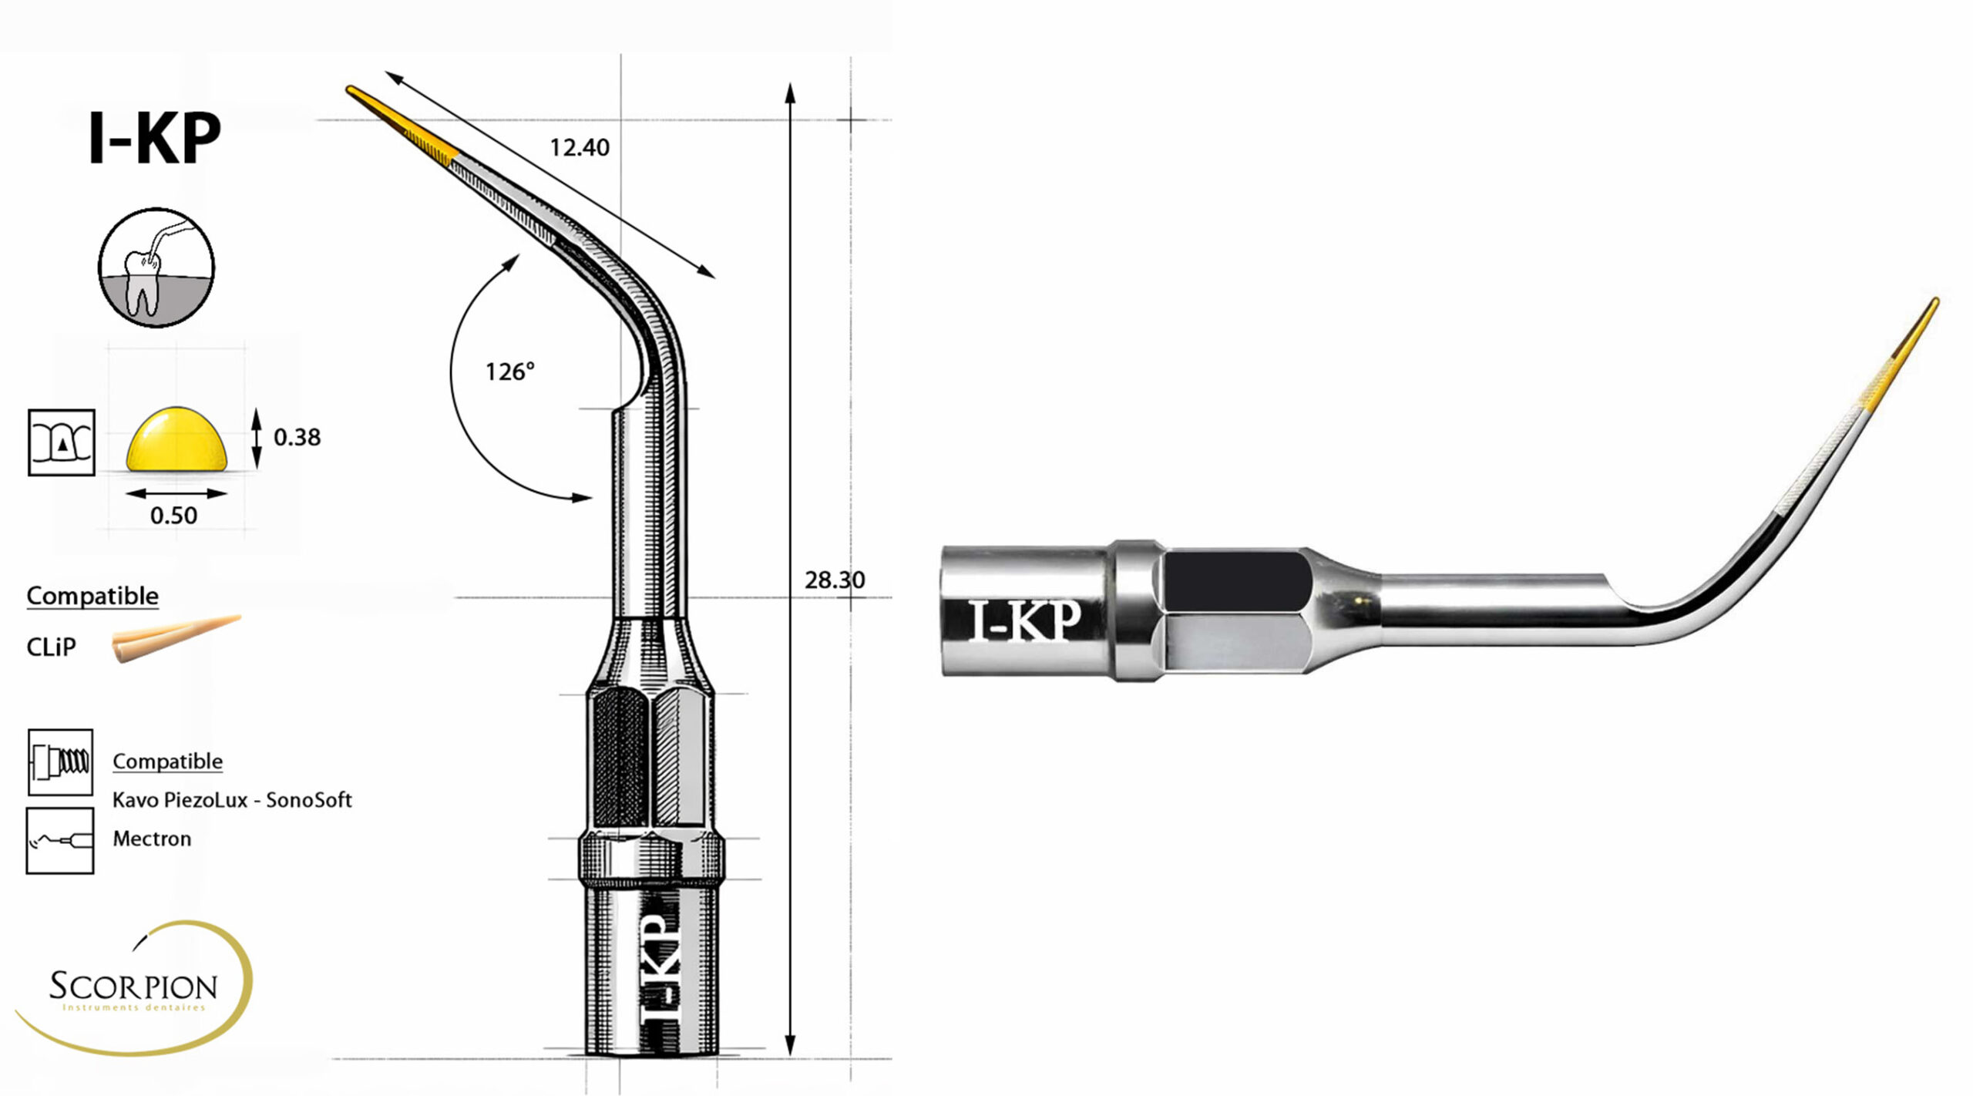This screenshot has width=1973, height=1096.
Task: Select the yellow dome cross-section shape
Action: pyautogui.click(x=177, y=439)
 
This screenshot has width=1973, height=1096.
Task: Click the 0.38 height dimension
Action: pyautogui.click(x=297, y=437)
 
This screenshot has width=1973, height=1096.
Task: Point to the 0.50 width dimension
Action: pyautogui.click(x=173, y=515)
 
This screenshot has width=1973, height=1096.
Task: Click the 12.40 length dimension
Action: pyautogui.click(x=580, y=147)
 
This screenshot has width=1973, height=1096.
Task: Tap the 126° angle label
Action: pyautogui.click(x=509, y=371)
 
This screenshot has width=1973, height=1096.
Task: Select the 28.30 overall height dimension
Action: pyautogui.click(x=835, y=580)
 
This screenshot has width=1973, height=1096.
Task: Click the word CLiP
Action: pyautogui.click(x=51, y=647)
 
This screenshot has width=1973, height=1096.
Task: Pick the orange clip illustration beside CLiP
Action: pyautogui.click(x=176, y=638)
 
